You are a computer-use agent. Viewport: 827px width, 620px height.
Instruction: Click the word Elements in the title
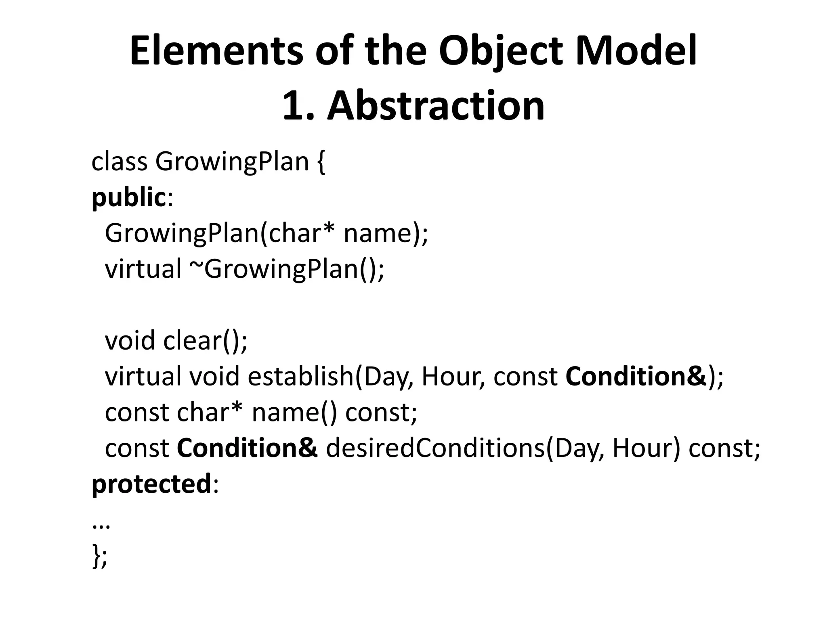tap(216, 51)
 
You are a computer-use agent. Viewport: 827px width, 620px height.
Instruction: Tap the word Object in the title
tap(500, 51)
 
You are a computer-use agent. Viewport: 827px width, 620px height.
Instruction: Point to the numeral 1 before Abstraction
tap(293, 106)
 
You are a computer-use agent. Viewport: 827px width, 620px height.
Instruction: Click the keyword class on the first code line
tap(120, 161)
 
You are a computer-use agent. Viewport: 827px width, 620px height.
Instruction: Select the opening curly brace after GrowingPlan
tap(321, 162)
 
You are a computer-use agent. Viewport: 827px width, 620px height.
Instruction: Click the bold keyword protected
tap(151, 484)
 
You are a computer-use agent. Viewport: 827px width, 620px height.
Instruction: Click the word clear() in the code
tap(205, 340)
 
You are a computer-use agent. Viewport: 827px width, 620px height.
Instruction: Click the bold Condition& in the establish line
tap(636, 376)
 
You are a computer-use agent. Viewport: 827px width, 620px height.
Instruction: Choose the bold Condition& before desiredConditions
tap(247, 448)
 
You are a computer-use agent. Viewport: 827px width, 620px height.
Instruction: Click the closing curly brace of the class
tap(96, 556)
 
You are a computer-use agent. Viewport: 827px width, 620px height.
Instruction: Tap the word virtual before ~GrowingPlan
tap(143, 269)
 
